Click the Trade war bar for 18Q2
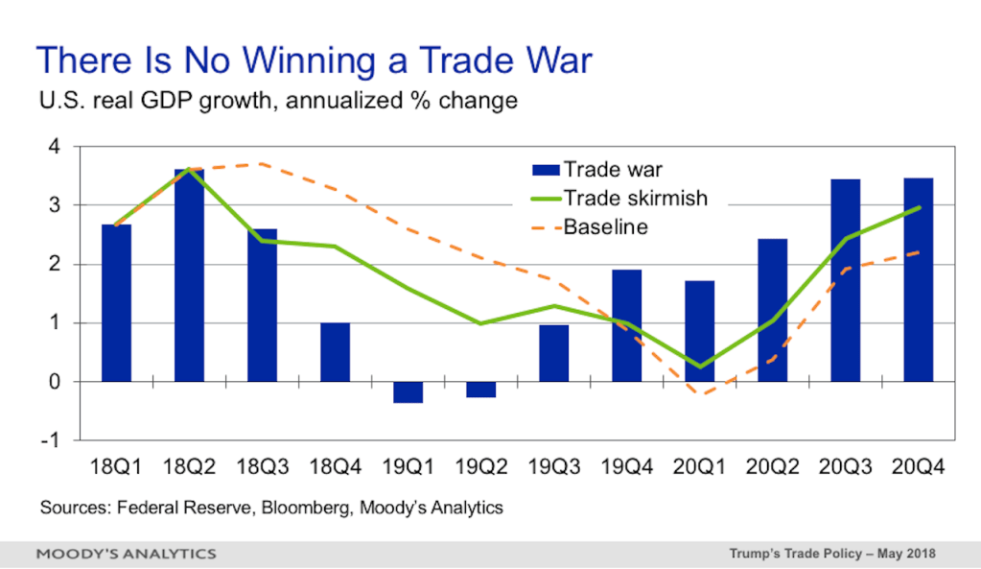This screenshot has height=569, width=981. coord(189,275)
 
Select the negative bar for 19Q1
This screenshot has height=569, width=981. coord(408,392)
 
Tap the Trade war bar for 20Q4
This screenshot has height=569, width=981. coord(919,280)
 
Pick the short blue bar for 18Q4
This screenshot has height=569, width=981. coord(336,352)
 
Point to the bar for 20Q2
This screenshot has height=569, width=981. coord(773,311)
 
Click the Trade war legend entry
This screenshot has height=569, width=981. coord(596,170)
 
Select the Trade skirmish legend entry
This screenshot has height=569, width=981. coord(619,199)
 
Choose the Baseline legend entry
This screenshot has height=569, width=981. coord(590,226)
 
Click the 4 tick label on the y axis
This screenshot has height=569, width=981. coord(55,147)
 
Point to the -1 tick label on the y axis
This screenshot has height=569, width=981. coord(50,440)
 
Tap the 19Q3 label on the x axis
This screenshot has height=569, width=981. coord(554,467)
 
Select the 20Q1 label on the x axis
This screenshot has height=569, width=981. coord(699,467)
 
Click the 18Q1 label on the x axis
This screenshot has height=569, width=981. coord(116,467)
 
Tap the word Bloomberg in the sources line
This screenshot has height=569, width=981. coord(306,507)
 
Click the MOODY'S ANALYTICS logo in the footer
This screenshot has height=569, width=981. coord(127,554)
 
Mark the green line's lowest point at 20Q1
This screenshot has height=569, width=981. coord(699,367)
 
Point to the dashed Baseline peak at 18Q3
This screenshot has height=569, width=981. coord(262,164)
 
